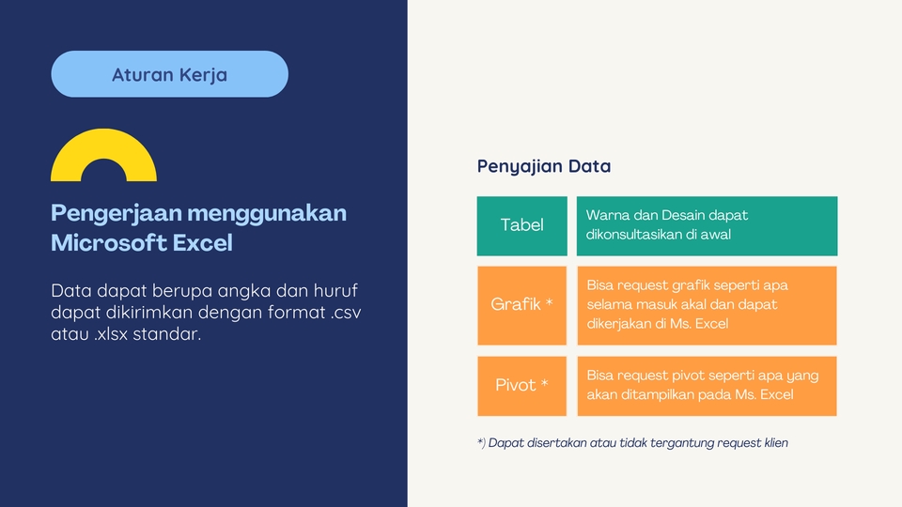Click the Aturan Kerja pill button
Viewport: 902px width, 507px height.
(x=169, y=74)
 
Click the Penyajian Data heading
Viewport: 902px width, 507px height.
(x=544, y=166)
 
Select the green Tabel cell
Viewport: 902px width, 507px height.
(x=521, y=225)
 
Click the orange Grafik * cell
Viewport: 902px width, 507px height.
(x=521, y=305)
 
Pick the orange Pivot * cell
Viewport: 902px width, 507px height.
(x=521, y=385)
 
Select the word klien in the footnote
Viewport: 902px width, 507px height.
(x=773, y=443)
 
